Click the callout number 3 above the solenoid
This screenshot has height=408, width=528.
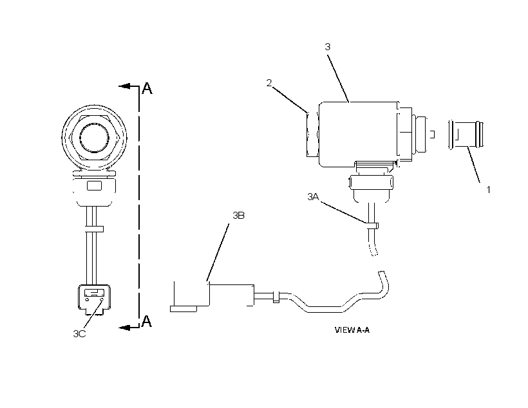[x=328, y=47]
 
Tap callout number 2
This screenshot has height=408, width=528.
[x=269, y=83]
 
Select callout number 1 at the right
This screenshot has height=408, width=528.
[x=488, y=190]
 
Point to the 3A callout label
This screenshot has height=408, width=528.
[x=313, y=196]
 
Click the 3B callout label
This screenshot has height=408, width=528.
[x=238, y=216]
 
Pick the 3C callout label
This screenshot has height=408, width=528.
[x=79, y=333]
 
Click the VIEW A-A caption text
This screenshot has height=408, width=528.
[x=352, y=330]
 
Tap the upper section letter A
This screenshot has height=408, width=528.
[x=147, y=88]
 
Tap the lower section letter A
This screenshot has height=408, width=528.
[x=146, y=321]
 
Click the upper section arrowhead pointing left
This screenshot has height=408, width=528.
[x=124, y=86]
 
